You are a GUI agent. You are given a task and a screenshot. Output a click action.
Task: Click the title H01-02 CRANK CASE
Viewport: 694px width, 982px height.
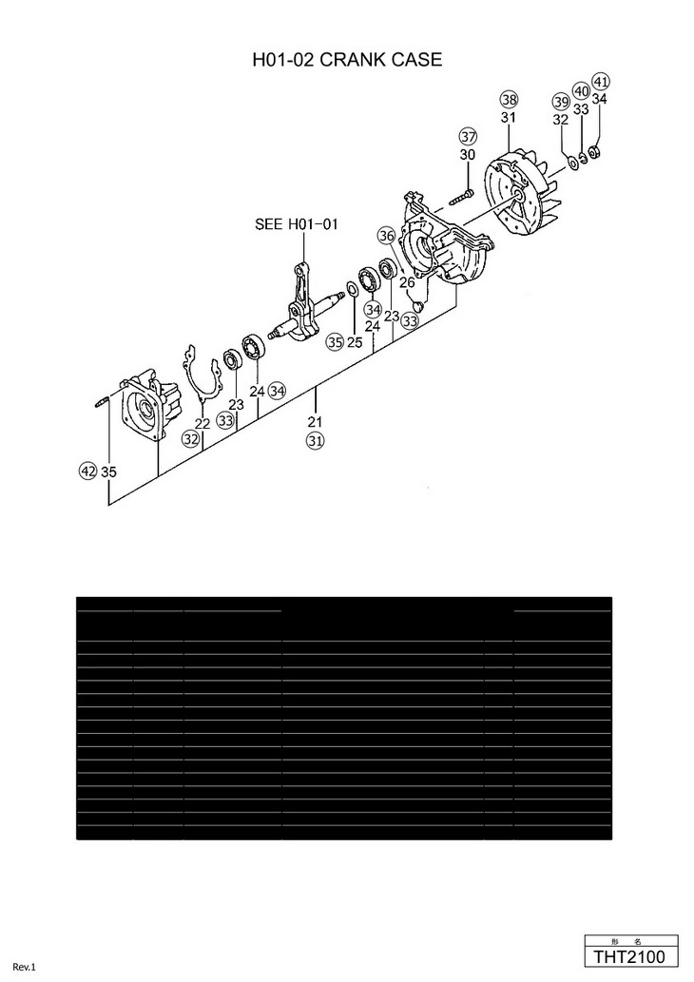(347, 60)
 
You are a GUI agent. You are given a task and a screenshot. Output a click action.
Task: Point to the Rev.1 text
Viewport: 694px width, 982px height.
(24, 968)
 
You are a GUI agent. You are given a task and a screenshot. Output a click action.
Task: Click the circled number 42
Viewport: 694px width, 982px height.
(87, 471)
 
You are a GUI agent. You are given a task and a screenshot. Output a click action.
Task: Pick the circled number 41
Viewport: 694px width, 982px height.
(600, 81)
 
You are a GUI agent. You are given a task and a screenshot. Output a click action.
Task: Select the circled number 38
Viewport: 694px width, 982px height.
(509, 100)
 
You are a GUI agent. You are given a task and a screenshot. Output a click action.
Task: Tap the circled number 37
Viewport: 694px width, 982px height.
(467, 136)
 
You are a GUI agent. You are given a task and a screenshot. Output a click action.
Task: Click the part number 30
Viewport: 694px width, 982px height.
(467, 154)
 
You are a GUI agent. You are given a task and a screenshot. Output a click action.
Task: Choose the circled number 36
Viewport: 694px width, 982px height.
(385, 235)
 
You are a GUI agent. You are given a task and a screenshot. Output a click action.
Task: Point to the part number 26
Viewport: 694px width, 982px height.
(407, 282)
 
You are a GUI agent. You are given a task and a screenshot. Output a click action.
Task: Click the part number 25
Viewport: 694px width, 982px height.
(354, 342)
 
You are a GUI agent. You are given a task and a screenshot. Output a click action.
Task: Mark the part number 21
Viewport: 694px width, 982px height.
(315, 421)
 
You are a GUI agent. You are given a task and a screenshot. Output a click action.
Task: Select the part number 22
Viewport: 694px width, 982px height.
(202, 423)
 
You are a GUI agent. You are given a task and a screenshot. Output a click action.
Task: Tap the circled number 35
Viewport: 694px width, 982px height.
(334, 341)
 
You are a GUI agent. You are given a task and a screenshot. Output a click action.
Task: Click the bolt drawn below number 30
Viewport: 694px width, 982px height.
(461, 198)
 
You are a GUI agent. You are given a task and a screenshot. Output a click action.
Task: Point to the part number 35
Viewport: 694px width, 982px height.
(108, 472)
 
